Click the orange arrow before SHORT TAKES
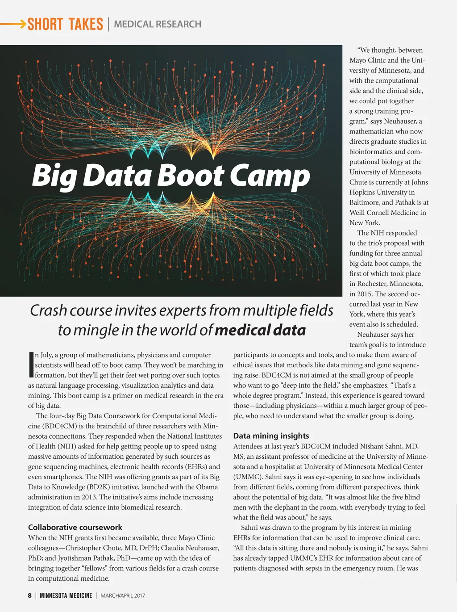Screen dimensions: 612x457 click(x=13, y=24)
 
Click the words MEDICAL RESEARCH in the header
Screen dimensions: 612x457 click(x=158, y=24)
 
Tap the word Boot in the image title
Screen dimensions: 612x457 click(x=191, y=176)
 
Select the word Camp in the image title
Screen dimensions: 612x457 click(x=270, y=176)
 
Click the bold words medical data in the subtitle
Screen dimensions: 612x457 click(x=260, y=330)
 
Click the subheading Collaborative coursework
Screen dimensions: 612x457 click(x=75, y=527)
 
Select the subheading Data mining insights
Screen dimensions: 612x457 click(x=271, y=436)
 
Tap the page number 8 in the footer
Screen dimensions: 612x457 click(x=30, y=595)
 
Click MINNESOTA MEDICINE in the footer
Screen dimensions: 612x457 click(x=66, y=595)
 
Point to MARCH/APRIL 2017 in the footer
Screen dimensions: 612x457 click(x=123, y=595)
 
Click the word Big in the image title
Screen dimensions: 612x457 click(x=54, y=176)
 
